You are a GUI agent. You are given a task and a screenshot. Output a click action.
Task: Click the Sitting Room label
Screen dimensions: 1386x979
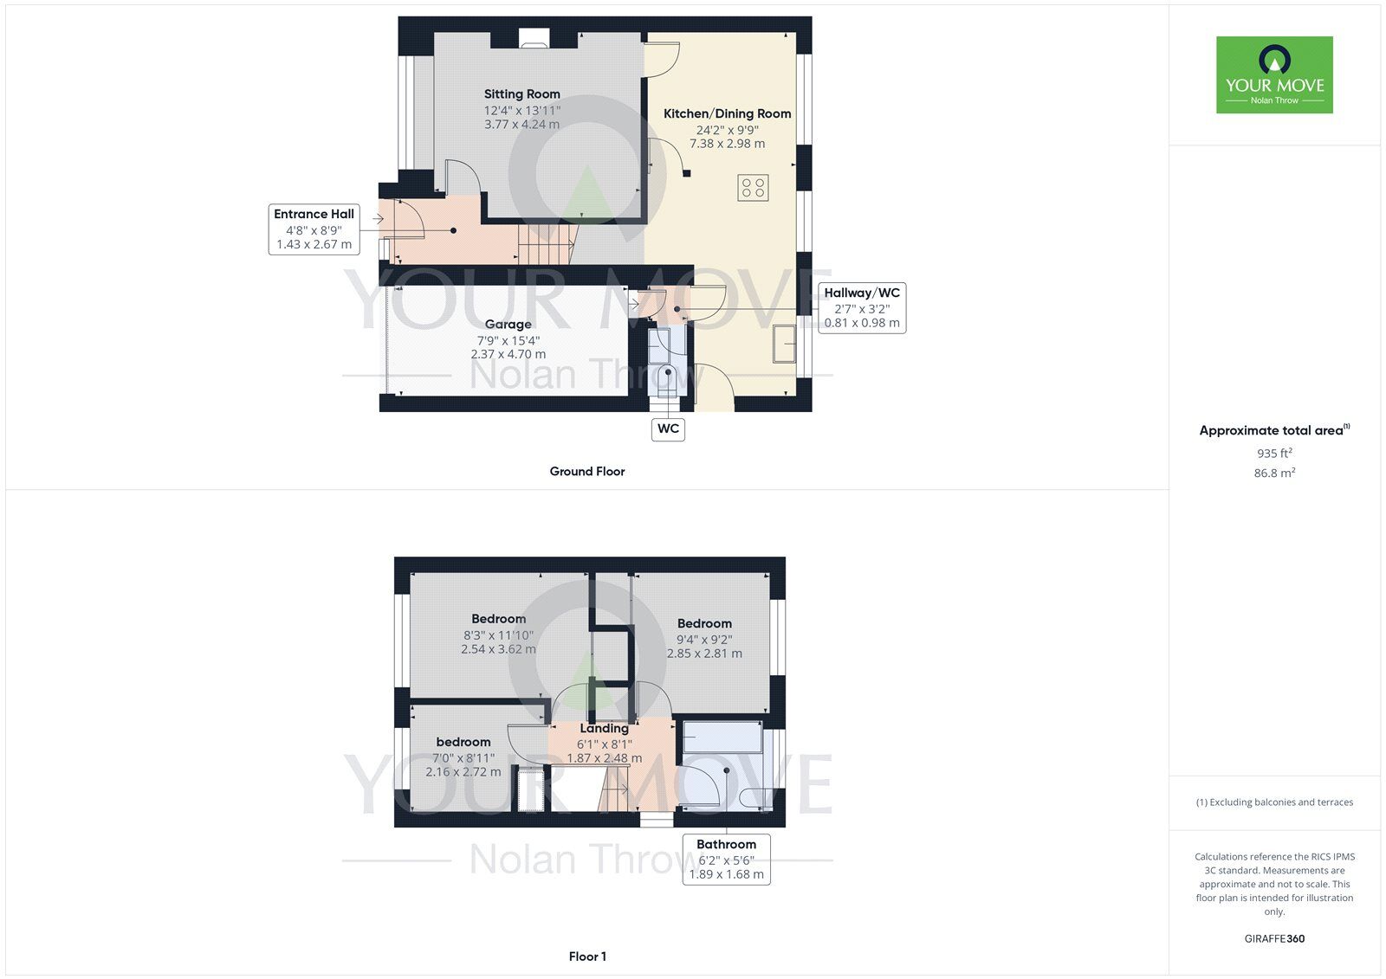[x=521, y=94]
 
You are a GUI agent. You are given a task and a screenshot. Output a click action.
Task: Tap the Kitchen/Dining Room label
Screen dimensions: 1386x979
[x=727, y=113]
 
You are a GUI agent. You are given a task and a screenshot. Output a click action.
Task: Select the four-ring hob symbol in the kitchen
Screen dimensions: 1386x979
[x=753, y=188]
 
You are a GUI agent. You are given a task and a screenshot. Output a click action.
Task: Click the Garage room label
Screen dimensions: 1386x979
[x=508, y=324]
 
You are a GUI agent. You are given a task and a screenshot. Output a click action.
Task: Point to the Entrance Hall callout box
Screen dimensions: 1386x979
[x=314, y=229]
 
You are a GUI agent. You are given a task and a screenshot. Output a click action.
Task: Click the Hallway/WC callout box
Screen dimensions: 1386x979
[x=862, y=308]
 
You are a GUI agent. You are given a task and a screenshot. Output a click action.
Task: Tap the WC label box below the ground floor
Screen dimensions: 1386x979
[x=668, y=429]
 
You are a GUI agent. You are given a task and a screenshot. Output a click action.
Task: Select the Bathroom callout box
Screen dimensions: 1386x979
[x=727, y=859]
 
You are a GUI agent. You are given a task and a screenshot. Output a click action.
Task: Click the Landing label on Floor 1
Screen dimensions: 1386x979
[x=604, y=729]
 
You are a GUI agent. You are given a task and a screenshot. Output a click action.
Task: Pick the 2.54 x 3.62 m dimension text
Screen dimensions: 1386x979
[x=498, y=649]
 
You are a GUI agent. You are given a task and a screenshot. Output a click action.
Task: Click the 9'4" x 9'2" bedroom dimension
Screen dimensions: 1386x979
[x=704, y=640]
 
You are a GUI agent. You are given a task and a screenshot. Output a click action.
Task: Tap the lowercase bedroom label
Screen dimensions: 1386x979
[x=463, y=742]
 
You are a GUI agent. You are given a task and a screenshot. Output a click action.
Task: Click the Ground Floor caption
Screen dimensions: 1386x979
[x=587, y=471]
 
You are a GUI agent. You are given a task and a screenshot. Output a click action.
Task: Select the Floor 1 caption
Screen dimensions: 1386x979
[x=587, y=956]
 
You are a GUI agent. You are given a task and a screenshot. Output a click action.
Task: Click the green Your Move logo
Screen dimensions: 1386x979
[x=1274, y=74]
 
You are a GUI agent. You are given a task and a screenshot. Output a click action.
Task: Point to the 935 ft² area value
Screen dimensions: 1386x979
[x=1274, y=453]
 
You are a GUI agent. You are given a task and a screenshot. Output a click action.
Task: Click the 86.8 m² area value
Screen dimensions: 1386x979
[x=1274, y=473]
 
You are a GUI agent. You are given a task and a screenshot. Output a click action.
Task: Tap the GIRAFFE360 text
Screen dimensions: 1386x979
[x=1274, y=938]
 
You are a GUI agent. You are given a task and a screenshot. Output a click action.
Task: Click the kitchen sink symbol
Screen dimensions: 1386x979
[x=784, y=344]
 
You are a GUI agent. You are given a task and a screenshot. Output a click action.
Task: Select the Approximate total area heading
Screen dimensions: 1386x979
[x=1274, y=430]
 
